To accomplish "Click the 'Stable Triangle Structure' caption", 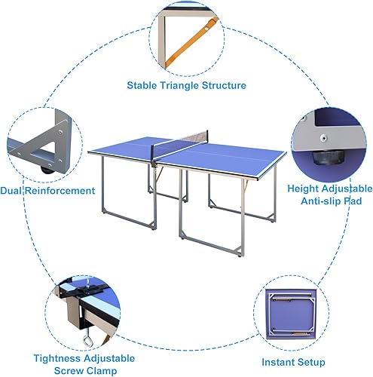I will [x=186, y=85].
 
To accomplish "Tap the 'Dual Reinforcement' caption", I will [x=47, y=191].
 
